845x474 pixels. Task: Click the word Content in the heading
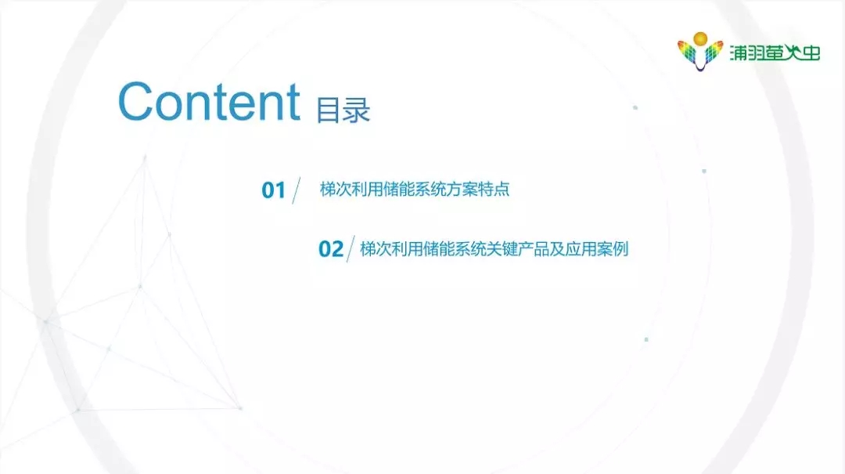coord(209,102)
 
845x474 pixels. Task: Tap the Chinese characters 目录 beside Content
coord(343,110)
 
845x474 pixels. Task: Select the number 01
coord(273,190)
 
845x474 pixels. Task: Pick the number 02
coord(331,249)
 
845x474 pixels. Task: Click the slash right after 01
coord(296,190)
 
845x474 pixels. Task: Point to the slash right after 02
coord(351,249)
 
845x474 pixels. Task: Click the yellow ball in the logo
coord(700,39)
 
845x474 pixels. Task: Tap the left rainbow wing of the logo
coord(687,52)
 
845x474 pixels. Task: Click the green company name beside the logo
coord(775,52)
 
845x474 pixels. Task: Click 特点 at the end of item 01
coord(494,189)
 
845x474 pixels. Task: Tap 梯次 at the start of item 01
coord(336,189)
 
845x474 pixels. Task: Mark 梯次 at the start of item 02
coord(376,249)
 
